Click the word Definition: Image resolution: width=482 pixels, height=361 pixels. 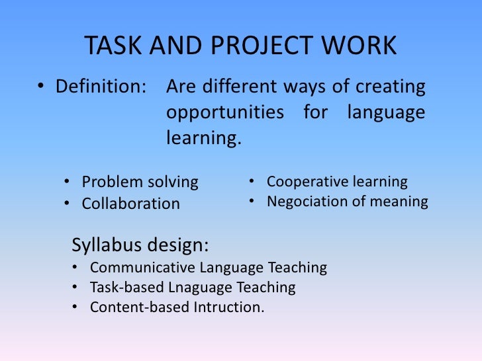[x=100, y=87]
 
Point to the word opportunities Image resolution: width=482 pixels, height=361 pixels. [x=224, y=113]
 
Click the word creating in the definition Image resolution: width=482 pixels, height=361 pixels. [x=391, y=87]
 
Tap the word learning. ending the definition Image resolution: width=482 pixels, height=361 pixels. [x=201, y=139]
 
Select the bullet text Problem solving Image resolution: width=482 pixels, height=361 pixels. [x=140, y=182]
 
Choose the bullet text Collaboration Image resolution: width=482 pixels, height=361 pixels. [x=130, y=204]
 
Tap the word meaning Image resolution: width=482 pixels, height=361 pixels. [x=400, y=202]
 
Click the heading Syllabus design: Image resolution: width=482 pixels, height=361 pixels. [x=140, y=245]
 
